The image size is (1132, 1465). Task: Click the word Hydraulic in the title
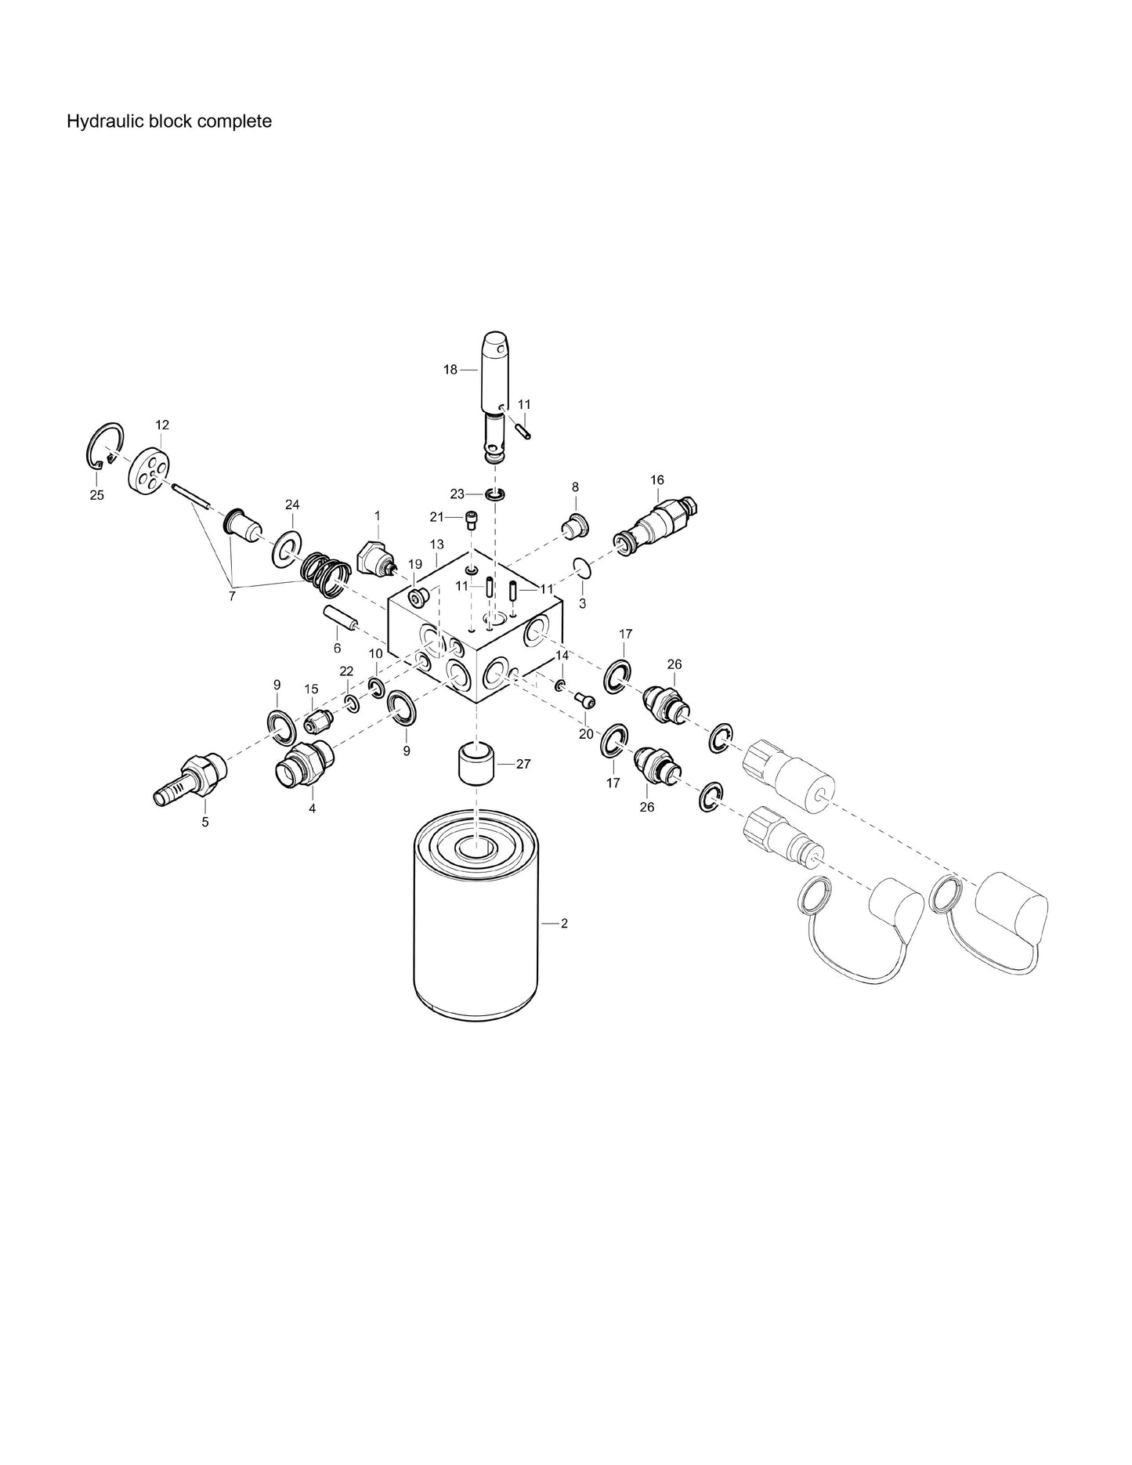97,121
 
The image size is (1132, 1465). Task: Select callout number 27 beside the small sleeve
524,764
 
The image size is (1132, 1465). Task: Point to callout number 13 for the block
436,544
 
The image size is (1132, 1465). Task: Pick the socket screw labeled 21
472,518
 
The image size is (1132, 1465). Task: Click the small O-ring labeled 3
581,566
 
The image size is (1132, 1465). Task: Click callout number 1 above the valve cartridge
377,515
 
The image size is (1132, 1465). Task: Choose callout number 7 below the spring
231,597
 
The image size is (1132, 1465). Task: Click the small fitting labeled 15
317,718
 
